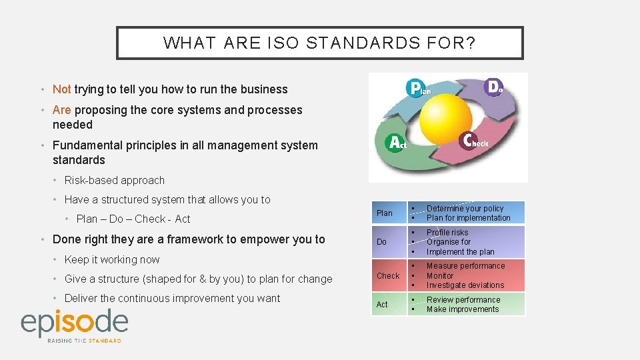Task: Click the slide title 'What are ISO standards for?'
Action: (319, 43)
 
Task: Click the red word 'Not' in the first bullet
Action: (61, 89)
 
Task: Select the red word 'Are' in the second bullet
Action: (61, 110)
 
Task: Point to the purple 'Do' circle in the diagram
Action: (494, 87)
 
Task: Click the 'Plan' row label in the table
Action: (385, 213)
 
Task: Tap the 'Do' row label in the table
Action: (381, 242)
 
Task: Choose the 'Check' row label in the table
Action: (388, 276)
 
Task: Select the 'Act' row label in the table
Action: (382, 305)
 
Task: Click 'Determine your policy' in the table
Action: (465, 209)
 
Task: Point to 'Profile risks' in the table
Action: (447, 233)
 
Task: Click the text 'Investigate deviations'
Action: (465, 285)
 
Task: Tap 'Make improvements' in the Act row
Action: (463, 309)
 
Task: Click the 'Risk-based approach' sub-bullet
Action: (114, 180)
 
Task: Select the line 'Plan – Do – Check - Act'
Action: (133, 219)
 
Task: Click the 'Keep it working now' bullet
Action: (112, 259)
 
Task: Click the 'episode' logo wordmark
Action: (74, 323)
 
